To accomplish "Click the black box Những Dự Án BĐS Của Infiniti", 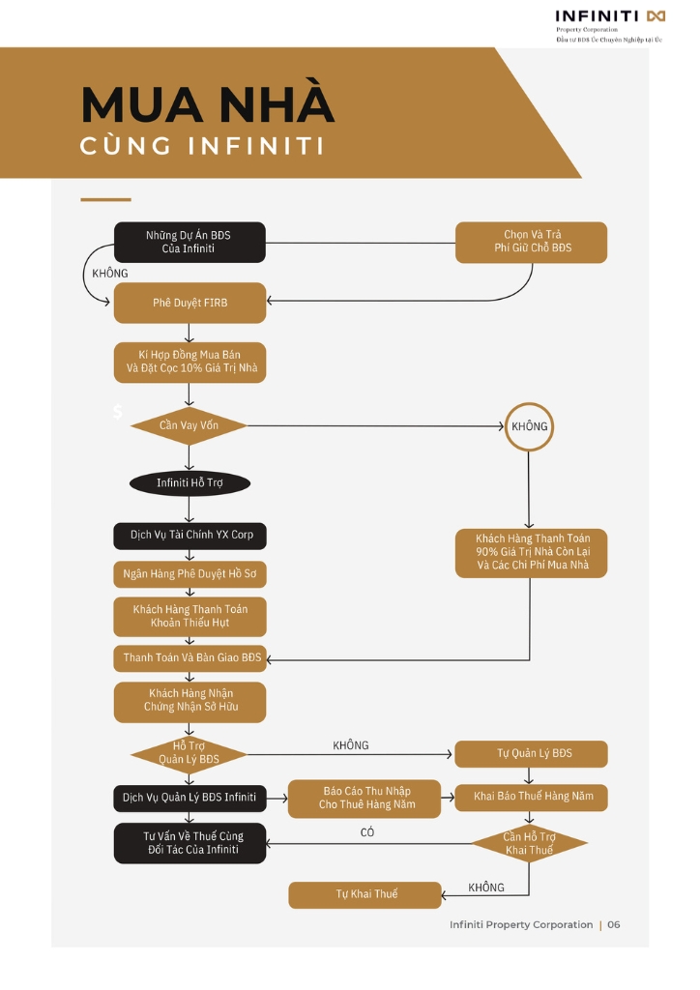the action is pyautogui.click(x=190, y=242).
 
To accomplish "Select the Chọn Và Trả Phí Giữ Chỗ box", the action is pyautogui.click(x=532, y=242).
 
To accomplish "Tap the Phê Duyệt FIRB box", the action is pyautogui.click(x=190, y=303).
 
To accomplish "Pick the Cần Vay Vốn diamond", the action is pyautogui.click(x=189, y=425).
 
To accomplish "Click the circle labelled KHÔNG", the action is pyautogui.click(x=529, y=426).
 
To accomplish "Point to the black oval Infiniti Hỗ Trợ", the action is pyautogui.click(x=190, y=483).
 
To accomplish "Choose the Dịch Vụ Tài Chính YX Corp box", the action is pyautogui.click(x=190, y=536).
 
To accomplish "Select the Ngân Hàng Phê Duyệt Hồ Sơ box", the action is pyautogui.click(x=190, y=574).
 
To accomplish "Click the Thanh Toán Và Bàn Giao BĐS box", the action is pyautogui.click(x=190, y=657).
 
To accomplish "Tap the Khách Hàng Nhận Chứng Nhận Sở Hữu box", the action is pyautogui.click(x=190, y=701).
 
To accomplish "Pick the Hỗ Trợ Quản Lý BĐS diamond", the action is pyautogui.click(x=189, y=753).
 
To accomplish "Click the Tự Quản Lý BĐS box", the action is pyautogui.click(x=532, y=753).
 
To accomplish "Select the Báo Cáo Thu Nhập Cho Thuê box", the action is pyautogui.click(x=365, y=798).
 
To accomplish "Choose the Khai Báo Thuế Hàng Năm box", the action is pyautogui.click(x=532, y=797).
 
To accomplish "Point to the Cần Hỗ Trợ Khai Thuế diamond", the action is pyautogui.click(x=529, y=843).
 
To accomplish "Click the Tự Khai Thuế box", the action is pyautogui.click(x=365, y=894).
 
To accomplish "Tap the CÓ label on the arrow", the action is pyautogui.click(x=367, y=832).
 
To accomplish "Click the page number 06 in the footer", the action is pyautogui.click(x=614, y=924).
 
